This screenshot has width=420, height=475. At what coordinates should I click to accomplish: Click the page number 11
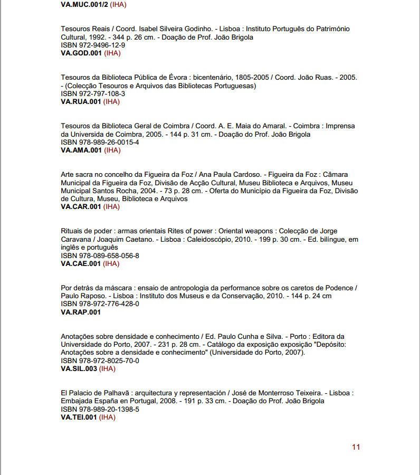tap(356, 447)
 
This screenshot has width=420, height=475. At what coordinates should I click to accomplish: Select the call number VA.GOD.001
tap(81, 53)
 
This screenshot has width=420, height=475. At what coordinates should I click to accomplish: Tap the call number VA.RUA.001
tap(81, 102)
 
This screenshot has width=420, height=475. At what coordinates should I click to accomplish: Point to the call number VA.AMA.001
tap(81, 150)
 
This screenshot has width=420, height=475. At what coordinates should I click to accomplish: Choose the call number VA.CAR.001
tap(81, 207)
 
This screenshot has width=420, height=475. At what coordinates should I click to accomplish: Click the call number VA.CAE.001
tap(81, 263)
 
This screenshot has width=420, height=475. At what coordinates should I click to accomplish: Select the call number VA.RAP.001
tap(81, 312)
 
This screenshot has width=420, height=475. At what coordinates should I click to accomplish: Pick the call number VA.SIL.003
tap(79, 369)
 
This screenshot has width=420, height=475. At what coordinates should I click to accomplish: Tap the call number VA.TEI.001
tap(79, 417)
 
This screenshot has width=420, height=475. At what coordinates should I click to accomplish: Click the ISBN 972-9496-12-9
tap(93, 45)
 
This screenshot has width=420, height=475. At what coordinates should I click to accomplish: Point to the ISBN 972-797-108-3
tap(93, 94)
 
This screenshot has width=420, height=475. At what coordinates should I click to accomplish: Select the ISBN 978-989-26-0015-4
tap(100, 142)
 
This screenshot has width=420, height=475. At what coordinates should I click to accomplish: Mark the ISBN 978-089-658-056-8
tap(100, 255)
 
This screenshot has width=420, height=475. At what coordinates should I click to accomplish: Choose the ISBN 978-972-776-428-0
tap(100, 304)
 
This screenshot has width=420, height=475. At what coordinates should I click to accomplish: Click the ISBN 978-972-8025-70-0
tap(100, 360)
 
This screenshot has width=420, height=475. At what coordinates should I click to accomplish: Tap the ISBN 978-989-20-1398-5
tap(100, 409)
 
